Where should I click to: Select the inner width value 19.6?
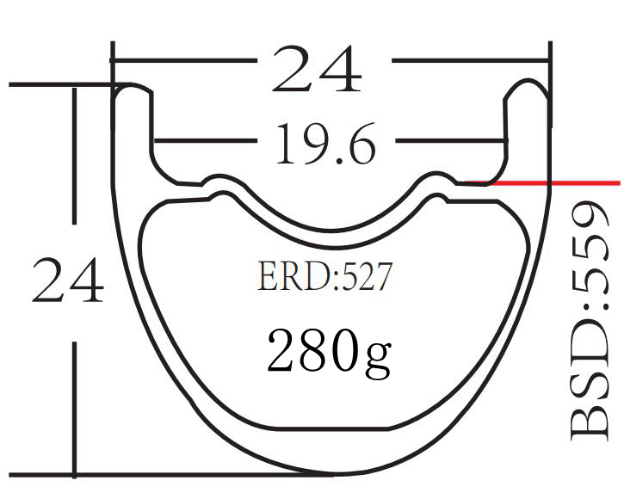pyautogui.click(x=325, y=144)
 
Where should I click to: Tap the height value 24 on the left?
pyautogui.click(x=68, y=281)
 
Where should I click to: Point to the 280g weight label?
pyautogui.click(x=329, y=349)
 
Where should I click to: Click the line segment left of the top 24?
pyautogui.click(x=185, y=61)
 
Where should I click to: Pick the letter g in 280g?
pyautogui.click(x=377, y=354)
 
